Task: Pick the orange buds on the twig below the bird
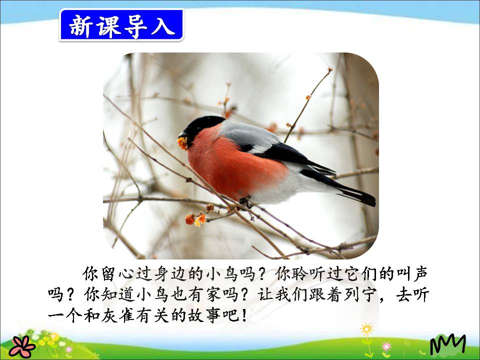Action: point(195,219)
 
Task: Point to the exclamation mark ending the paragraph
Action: point(243,316)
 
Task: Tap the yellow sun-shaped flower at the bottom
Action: point(367,329)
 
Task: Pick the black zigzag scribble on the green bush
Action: point(447,345)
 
